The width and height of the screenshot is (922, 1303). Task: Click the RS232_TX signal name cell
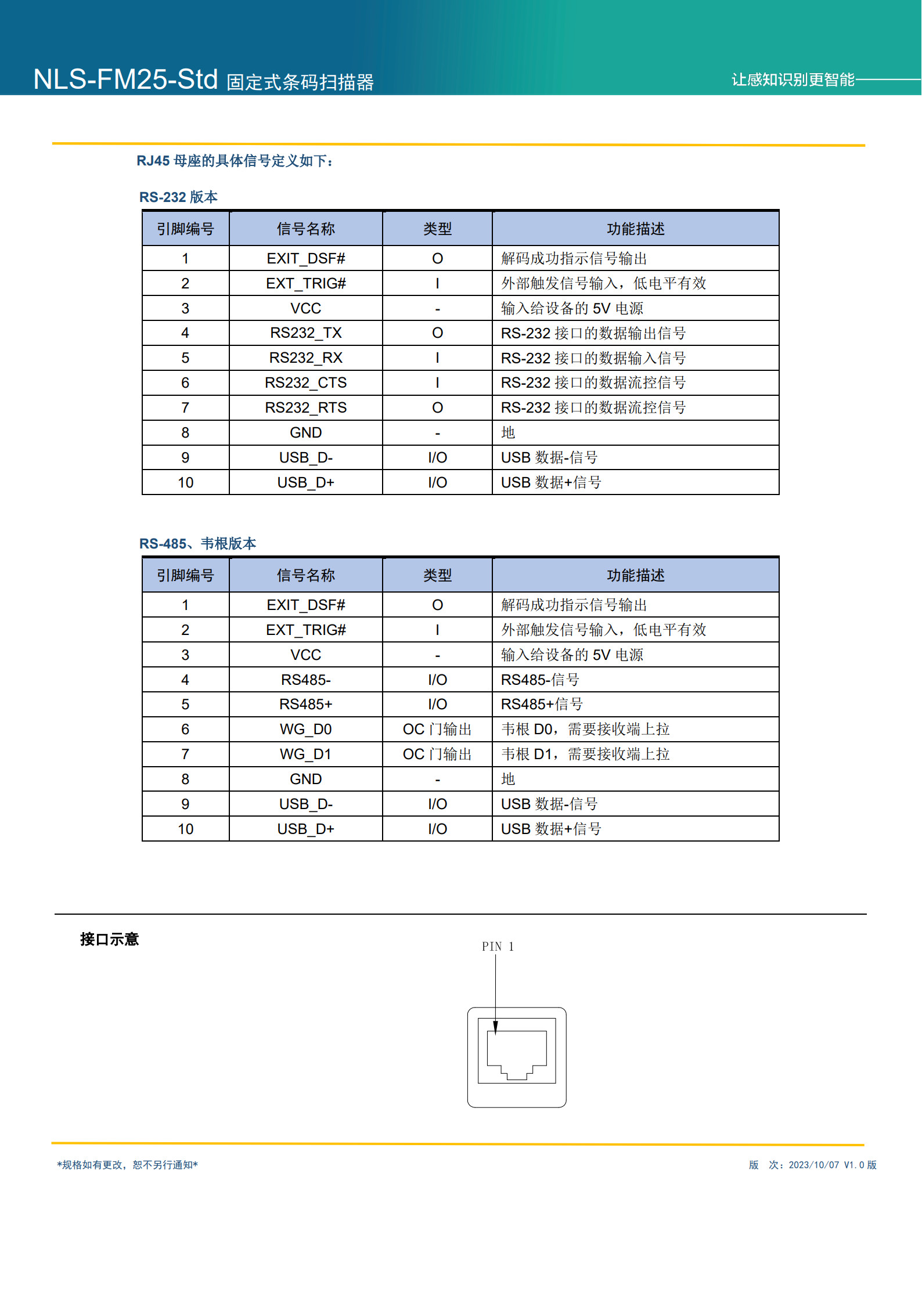point(306,333)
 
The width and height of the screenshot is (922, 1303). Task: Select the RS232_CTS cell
point(306,383)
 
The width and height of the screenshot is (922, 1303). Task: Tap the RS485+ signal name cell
point(306,705)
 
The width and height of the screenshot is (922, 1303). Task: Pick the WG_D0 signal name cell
point(306,730)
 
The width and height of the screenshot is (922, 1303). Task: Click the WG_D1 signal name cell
point(306,755)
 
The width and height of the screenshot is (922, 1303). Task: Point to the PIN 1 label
point(498,947)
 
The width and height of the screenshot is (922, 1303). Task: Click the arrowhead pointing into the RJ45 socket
point(495,1028)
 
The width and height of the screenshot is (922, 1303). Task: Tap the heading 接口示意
point(110,940)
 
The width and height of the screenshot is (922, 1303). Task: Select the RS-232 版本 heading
point(178,197)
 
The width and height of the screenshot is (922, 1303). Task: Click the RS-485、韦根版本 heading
point(197,544)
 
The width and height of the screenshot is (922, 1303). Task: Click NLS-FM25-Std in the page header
point(125,80)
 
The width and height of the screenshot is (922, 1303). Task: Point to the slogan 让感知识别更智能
point(793,80)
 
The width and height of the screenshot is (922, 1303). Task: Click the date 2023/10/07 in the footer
point(813,1165)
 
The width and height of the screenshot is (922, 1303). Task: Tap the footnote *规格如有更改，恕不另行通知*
point(128,1165)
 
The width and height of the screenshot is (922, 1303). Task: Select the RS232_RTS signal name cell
point(306,408)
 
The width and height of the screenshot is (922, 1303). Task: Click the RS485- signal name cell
point(306,680)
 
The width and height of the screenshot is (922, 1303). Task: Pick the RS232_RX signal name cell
point(306,358)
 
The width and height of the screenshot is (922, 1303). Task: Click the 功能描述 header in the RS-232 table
point(636,229)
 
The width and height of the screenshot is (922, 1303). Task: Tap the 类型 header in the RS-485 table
point(437,576)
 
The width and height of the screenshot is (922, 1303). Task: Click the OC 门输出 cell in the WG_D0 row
point(437,730)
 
